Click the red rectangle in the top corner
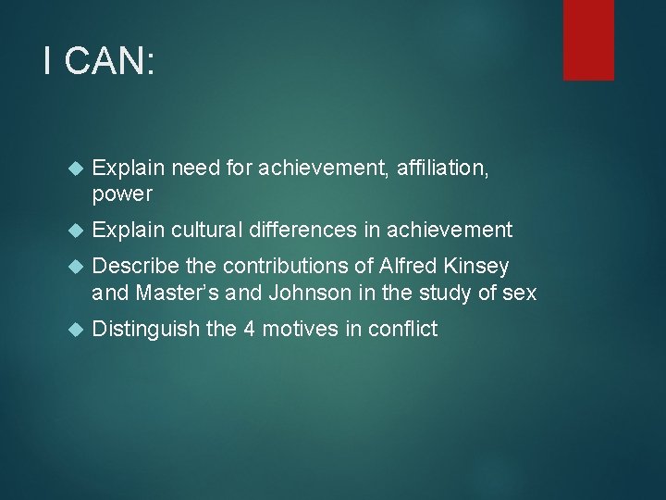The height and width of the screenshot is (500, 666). click(588, 39)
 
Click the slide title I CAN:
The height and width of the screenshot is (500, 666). click(99, 62)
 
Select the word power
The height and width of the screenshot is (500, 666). click(122, 194)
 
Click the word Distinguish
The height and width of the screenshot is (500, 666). click(146, 329)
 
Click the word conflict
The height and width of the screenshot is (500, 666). click(403, 329)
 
